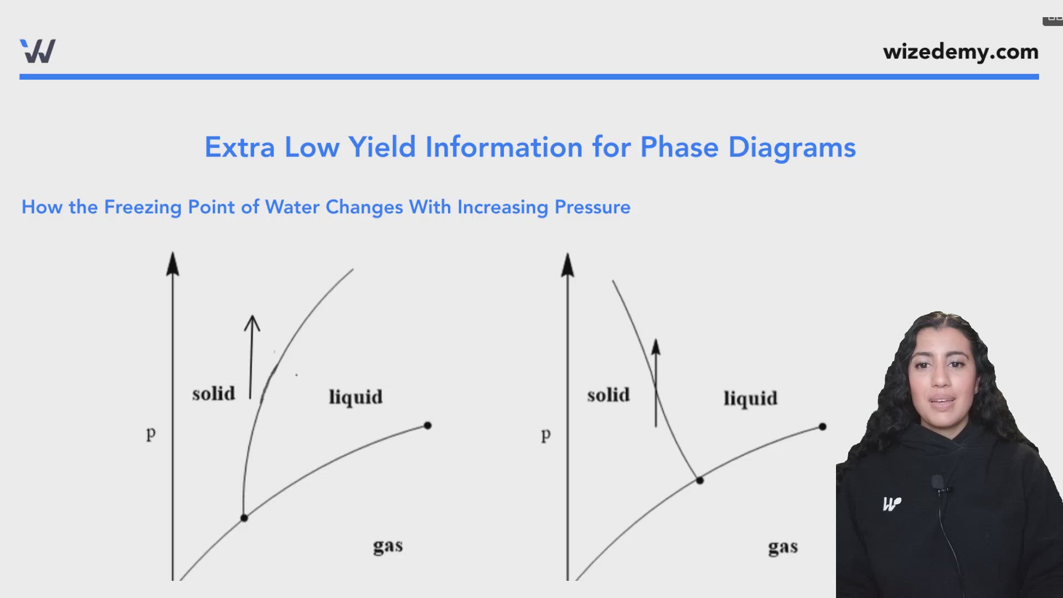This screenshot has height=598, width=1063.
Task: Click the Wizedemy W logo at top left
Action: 38,51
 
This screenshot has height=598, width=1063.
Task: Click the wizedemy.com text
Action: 961,51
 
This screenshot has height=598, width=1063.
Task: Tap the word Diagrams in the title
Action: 792,147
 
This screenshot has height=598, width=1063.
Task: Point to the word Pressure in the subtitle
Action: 592,207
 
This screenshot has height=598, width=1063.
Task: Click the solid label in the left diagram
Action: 214,394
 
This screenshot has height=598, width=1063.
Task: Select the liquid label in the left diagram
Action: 355,397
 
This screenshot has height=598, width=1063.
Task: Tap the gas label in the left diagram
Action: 388,547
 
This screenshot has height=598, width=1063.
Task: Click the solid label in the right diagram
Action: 608,395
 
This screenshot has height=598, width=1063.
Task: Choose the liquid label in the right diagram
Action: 750,399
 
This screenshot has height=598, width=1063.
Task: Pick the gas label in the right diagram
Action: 783,548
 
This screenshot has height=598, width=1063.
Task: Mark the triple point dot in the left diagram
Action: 244,518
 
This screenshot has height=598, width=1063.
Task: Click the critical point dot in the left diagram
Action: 427,425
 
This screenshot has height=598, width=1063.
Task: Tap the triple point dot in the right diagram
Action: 700,480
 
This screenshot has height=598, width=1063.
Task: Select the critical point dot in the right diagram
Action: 822,426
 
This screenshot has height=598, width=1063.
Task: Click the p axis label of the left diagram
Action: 151,433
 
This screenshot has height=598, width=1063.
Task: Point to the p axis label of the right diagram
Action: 546,435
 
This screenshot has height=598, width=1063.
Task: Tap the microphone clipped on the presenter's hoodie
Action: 937,483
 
